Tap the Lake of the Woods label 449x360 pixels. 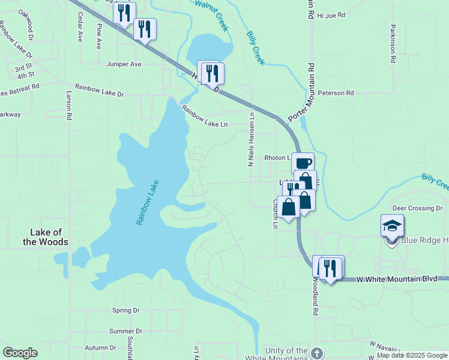point(49,237)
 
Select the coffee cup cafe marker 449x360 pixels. point(303,163)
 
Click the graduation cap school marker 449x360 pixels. point(392,226)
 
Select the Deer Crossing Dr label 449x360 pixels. point(417,208)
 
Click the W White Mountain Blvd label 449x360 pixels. point(396,279)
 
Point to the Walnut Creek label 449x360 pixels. point(212,16)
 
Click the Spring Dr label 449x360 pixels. point(125,310)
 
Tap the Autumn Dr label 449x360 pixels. point(100,347)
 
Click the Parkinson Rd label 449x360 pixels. point(393,44)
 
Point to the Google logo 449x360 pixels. point(20,353)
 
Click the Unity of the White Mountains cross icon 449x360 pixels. point(318,352)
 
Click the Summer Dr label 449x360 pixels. point(125,331)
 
